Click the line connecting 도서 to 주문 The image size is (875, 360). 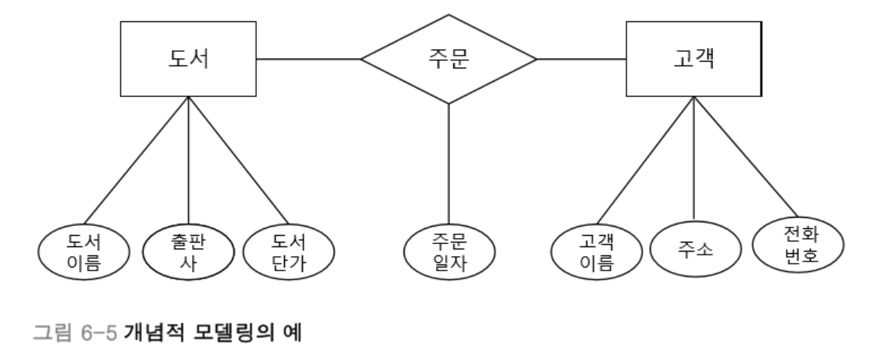pyautogui.click(x=309, y=59)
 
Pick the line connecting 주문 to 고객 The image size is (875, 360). pyautogui.click(x=581, y=59)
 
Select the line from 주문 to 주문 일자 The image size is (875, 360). pyautogui.click(x=449, y=164)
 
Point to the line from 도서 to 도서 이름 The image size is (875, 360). pyautogui.click(x=136, y=160)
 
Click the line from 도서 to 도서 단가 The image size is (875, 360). pyautogui.click(x=238, y=160)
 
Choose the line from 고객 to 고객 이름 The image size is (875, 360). pyautogui.click(x=645, y=160)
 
